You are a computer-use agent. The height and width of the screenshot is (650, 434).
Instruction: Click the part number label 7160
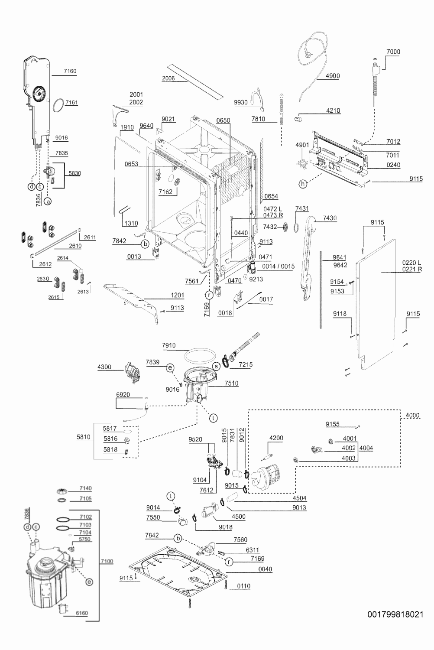(70, 71)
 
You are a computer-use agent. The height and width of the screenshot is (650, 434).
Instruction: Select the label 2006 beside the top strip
(168, 78)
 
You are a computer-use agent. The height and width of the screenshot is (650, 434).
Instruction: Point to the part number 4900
(333, 76)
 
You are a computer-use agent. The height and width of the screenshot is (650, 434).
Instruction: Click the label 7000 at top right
(393, 52)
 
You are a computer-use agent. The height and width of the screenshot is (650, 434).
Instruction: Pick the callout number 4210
(333, 110)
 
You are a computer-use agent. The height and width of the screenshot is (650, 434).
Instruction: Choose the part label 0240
(393, 165)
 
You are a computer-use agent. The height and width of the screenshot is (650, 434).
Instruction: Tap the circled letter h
(303, 184)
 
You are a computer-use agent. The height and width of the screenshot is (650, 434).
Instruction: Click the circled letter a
(48, 201)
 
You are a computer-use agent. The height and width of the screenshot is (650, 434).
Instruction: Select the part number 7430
(330, 218)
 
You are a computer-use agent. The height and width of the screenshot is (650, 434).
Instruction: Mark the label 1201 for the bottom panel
(177, 296)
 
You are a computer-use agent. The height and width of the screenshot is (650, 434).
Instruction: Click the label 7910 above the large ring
(169, 345)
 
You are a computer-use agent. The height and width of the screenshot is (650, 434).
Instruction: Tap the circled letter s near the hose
(216, 366)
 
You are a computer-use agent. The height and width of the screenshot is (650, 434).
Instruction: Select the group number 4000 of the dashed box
(412, 415)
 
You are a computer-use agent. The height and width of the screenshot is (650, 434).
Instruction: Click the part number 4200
(276, 438)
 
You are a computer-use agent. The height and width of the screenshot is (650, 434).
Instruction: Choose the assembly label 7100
(107, 561)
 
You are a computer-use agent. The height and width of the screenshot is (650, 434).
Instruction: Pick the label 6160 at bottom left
(81, 613)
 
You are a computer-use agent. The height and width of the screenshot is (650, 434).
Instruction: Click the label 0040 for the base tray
(265, 569)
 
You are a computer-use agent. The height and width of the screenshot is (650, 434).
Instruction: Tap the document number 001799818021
(395, 614)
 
